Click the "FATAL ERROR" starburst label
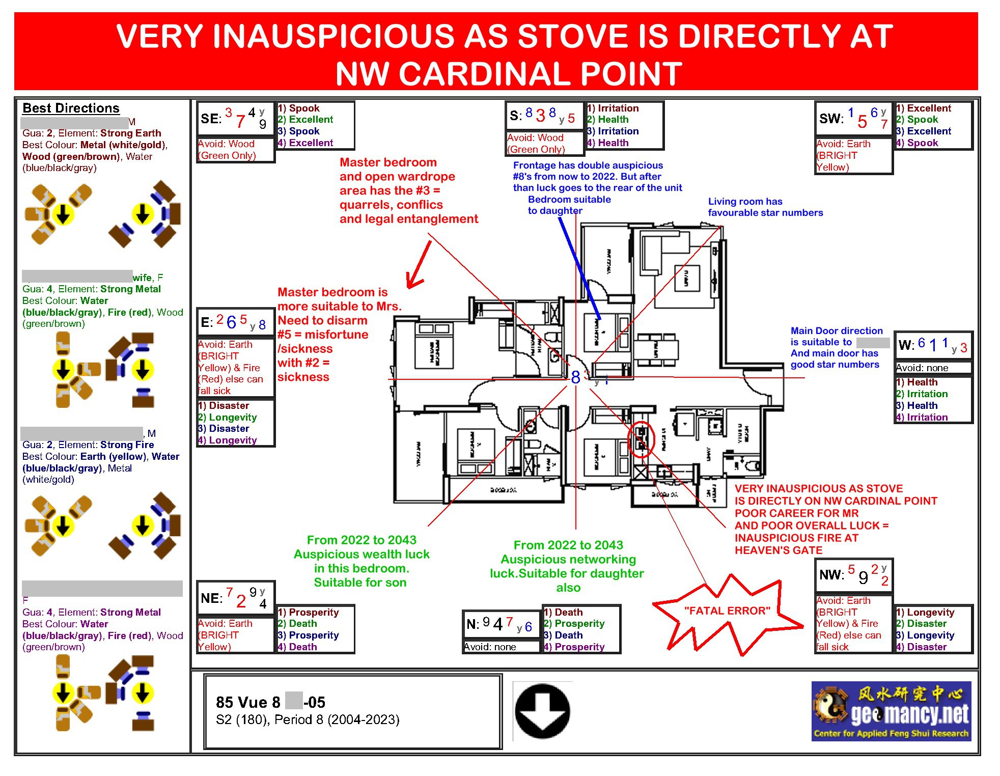pyautogui.click(x=727, y=611)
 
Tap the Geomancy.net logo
pyautogui.click(x=891, y=711)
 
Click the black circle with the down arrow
pyautogui.click(x=542, y=711)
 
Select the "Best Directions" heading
pyautogui.click(x=71, y=108)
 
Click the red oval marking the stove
pyautogui.click(x=641, y=439)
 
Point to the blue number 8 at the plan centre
pyautogui.click(x=575, y=377)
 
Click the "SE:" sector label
pyautogui.click(x=211, y=119)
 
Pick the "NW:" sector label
pyautogui.click(x=830, y=575)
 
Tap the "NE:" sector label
pyautogui.click(x=211, y=598)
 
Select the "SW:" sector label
pyautogui.click(x=831, y=119)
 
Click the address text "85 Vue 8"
pyautogui.click(x=248, y=703)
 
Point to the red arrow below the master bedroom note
pyautogui.click(x=419, y=265)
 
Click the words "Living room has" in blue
pyautogui.click(x=745, y=202)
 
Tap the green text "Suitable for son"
pyautogui.click(x=360, y=583)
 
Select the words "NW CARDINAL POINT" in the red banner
pyautogui.click(x=508, y=73)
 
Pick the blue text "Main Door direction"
pyautogui.click(x=837, y=331)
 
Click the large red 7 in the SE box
pyautogui.click(x=240, y=121)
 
